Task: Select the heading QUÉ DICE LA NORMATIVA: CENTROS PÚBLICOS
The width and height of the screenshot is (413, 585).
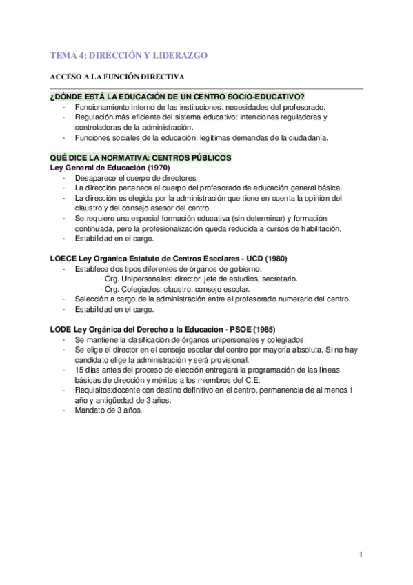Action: pos(141,158)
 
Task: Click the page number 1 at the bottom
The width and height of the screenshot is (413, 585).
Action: pos(361,554)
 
